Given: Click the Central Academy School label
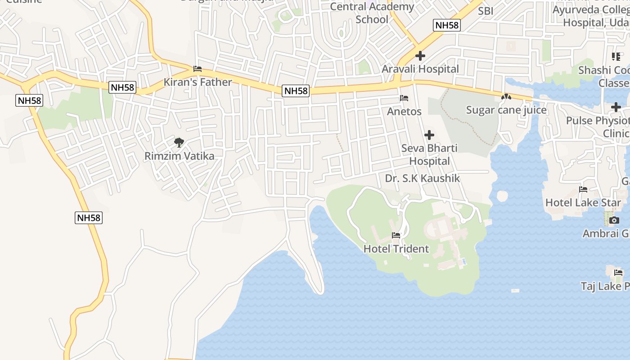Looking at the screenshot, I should click(372, 13).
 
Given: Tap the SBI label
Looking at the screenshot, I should click(486, 11).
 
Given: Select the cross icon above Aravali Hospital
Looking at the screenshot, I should click(420, 56).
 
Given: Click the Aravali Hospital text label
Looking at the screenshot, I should click(420, 69).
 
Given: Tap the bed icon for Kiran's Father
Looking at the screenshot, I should click(197, 69).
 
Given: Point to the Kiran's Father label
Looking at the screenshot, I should click(198, 82).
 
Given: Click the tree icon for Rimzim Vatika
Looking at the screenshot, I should click(179, 143).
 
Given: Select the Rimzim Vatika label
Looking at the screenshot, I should click(179, 156).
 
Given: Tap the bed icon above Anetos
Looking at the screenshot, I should click(404, 98).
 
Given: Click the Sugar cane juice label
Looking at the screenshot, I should click(506, 110).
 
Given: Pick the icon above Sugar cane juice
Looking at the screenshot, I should click(506, 97).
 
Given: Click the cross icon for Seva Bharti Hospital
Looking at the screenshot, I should click(429, 135).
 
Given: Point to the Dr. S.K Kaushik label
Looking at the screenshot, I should click(422, 178).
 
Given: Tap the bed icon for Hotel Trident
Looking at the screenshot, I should click(396, 235).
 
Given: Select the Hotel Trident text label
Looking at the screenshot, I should click(396, 248).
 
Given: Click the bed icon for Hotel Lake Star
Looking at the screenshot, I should click(583, 189).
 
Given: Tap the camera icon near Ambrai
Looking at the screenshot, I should click(614, 220).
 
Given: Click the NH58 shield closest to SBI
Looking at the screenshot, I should click(447, 25).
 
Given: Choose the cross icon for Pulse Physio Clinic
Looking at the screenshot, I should click(616, 107).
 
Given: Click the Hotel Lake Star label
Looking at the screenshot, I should click(583, 202).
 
